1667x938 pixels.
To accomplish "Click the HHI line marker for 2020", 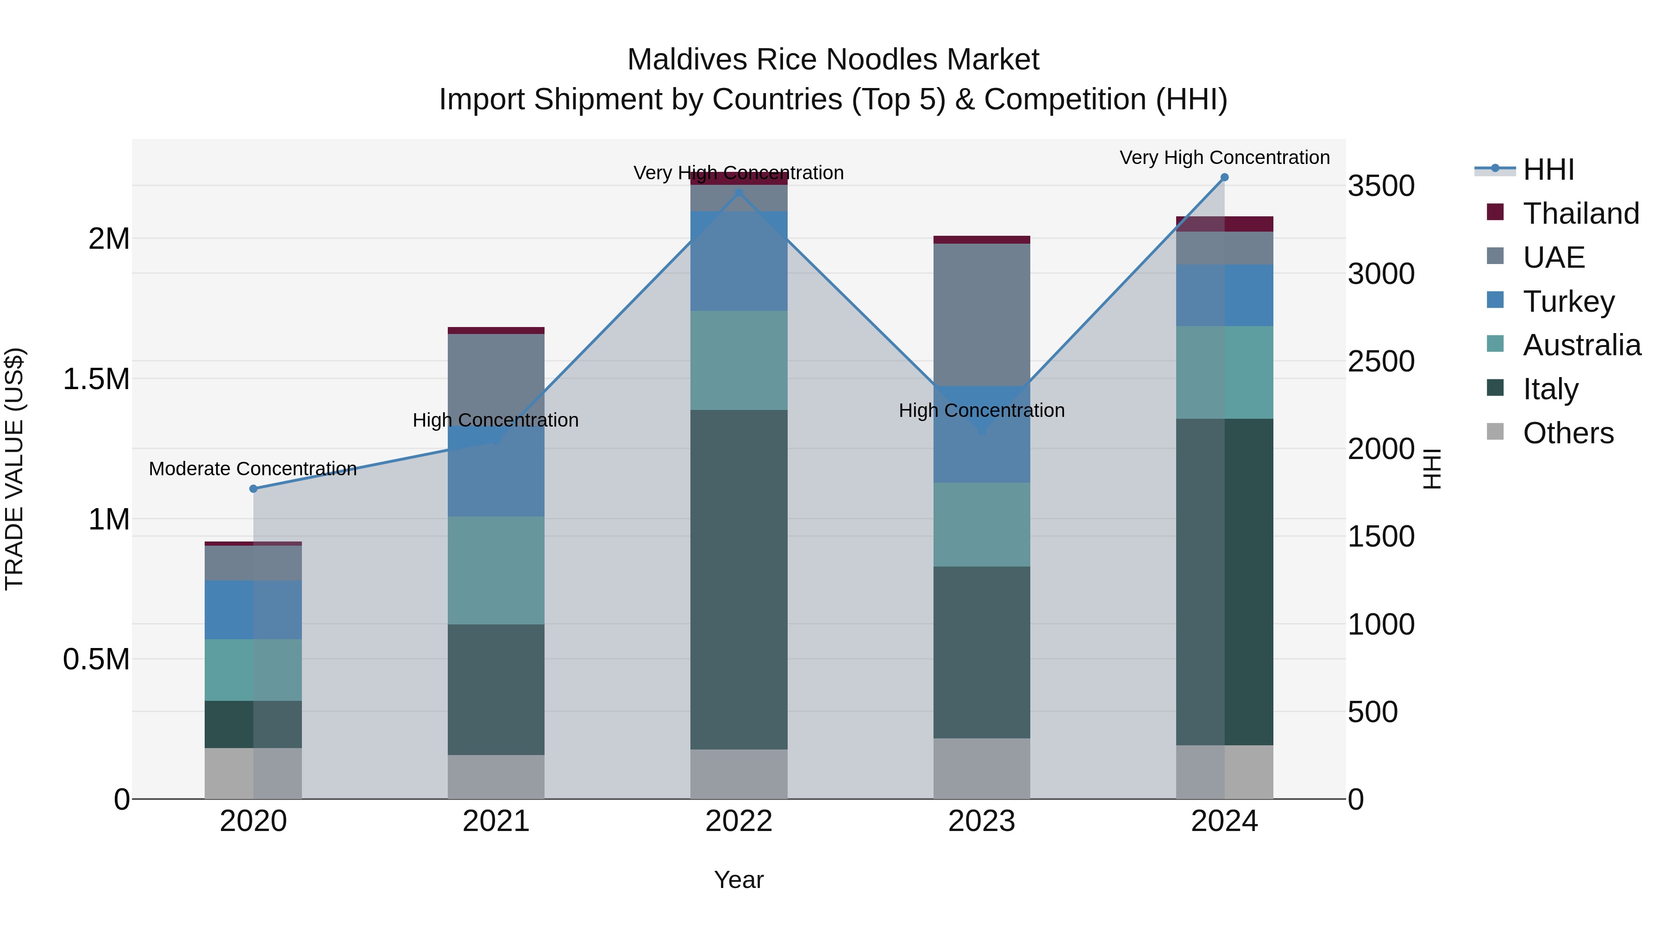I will pyautogui.click(x=253, y=489).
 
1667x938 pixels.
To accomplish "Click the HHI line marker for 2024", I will pyautogui.click(x=1224, y=177).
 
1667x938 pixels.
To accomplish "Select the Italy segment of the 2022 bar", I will pyautogui.click(x=739, y=579).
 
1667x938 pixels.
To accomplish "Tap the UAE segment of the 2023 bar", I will pyautogui.click(x=981, y=314).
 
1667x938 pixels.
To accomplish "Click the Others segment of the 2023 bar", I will pyautogui.click(x=981, y=768).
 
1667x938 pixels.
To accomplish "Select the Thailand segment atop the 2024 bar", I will pyautogui.click(x=1224, y=224).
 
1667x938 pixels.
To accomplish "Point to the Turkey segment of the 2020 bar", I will pyautogui.click(x=253, y=610).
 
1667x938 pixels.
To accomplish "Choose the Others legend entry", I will pyautogui.click(x=1568, y=433).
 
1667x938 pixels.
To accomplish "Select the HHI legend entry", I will pyautogui.click(x=1548, y=170).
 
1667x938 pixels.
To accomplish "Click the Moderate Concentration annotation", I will pyautogui.click(x=253, y=469).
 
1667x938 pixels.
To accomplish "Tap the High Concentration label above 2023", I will pyautogui.click(x=981, y=410).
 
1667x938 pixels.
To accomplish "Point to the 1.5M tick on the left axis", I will pyautogui.click(x=96, y=379).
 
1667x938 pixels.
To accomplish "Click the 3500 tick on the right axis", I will pyautogui.click(x=1381, y=186).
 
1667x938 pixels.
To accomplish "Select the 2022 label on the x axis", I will pyautogui.click(x=739, y=821).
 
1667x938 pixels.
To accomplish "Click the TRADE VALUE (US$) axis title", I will pyautogui.click(x=14, y=469).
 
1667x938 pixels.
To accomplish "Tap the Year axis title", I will pyautogui.click(x=739, y=880).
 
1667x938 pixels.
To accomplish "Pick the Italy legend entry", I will pyautogui.click(x=1550, y=389).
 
